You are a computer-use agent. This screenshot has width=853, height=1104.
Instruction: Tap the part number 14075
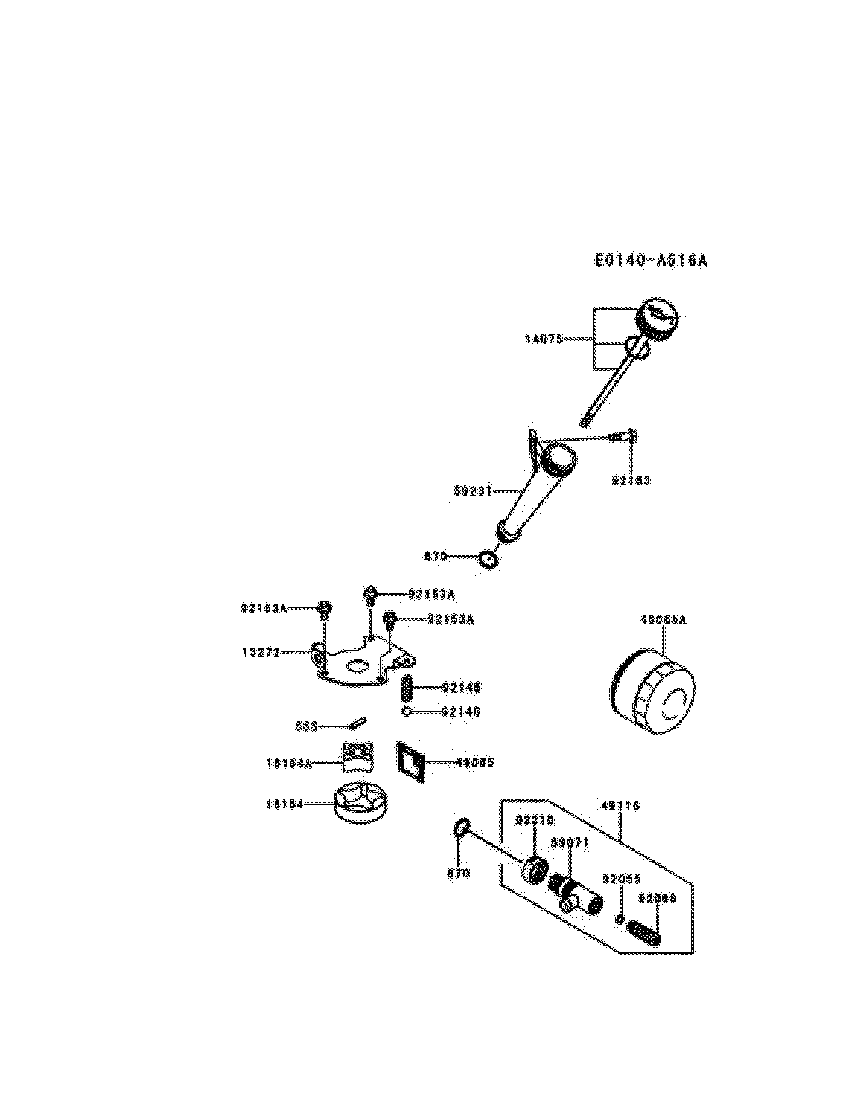tap(544, 339)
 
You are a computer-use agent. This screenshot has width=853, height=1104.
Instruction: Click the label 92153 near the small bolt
tap(631, 481)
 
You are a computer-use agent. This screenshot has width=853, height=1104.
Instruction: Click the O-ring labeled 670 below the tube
tap(489, 560)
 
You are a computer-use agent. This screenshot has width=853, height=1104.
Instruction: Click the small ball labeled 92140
tap(407, 712)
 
